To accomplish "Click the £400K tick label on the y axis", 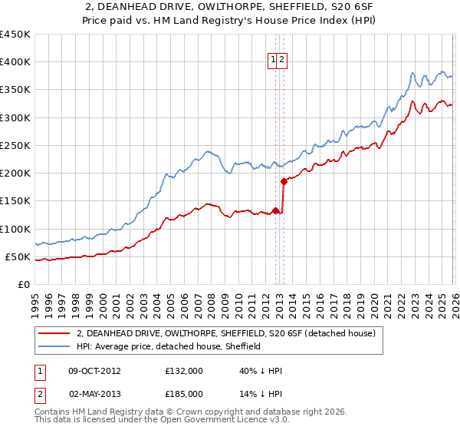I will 15,62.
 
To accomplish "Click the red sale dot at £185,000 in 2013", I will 284,181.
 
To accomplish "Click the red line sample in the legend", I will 54,333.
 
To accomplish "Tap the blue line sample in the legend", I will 54,346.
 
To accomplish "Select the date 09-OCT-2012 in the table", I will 94,371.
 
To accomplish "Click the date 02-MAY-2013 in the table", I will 94,393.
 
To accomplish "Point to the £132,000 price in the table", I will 184,371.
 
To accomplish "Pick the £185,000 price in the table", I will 184,393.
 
